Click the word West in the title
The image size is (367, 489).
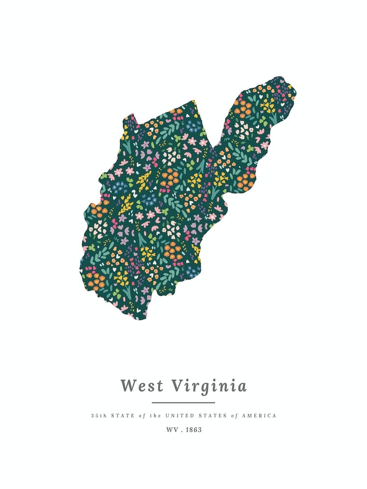click(x=142, y=386)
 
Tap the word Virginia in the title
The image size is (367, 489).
click(x=209, y=386)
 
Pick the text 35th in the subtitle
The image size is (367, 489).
click(x=98, y=416)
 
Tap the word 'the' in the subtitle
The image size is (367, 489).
click(x=156, y=416)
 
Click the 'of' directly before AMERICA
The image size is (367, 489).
click(x=234, y=416)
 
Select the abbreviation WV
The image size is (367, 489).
click(x=172, y=430)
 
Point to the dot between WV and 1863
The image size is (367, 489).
click(x=182, y=431)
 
